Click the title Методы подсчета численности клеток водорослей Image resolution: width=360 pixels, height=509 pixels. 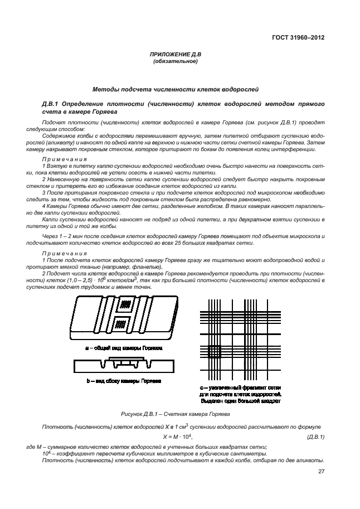click(175, 89)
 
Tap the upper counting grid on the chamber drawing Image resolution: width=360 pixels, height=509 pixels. click(127, 305)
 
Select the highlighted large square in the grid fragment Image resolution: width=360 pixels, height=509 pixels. click(215, 352)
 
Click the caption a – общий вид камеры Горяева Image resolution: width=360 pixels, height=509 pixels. click(124, 347)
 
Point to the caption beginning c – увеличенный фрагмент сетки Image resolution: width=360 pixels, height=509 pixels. click(240, 387)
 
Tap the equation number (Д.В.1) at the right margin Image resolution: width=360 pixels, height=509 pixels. click(315, 437)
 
